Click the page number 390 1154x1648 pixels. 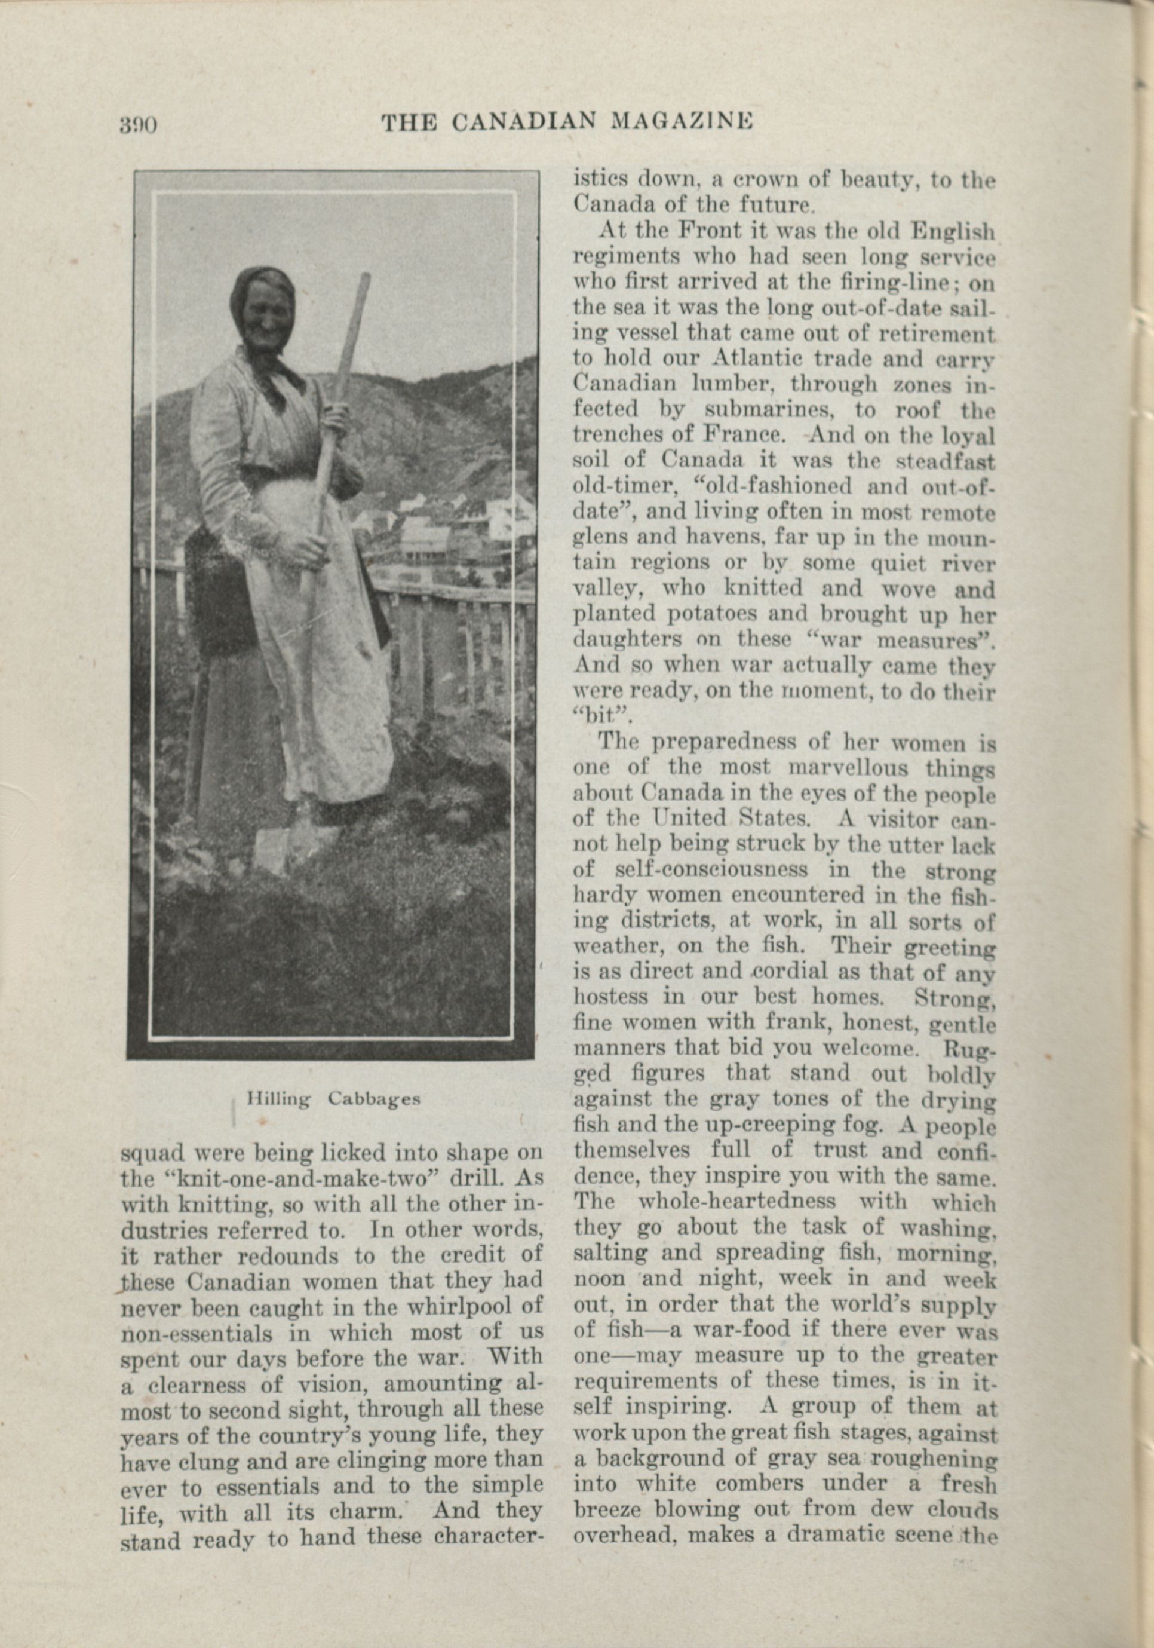point(138,125)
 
